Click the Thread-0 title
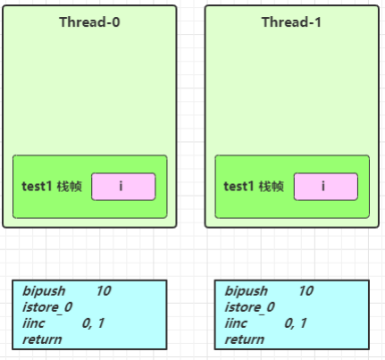[89, 22]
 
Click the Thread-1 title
[291, 22]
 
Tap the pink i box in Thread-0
[123, 187]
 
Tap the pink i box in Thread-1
[326, 187]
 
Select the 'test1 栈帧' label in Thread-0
[52, 187]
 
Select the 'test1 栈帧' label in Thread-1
[254, 187]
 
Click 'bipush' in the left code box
[44, 291]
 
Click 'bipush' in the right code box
[247, 291]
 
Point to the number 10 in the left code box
[104, 290]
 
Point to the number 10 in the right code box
[306, 290]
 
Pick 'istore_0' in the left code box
[47, 307]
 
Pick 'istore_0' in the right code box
[250, 307]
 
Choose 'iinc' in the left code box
[34, 323]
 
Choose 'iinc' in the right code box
[236, 323]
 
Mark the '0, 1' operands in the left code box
[93, 323]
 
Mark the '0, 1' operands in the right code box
[296, 323]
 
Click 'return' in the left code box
[42, 339]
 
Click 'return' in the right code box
[245, 339]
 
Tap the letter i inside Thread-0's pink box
[121, 186]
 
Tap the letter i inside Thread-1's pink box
[323, 186]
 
